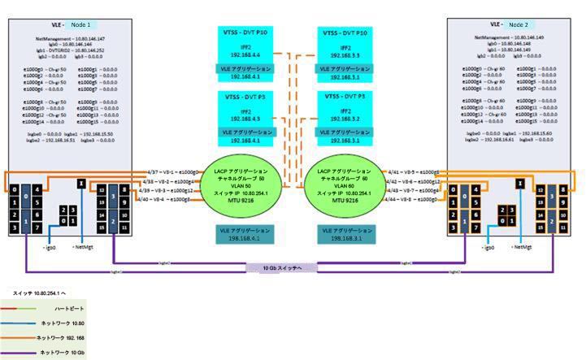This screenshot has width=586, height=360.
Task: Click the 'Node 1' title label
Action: tap(78, 26)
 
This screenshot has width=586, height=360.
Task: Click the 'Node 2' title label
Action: tap(521, 26)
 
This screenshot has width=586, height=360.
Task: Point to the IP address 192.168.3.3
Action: tap(345, 54)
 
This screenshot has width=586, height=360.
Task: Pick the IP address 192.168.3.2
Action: tap(345, 119)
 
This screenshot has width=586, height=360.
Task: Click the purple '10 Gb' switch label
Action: tap(295, 267)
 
